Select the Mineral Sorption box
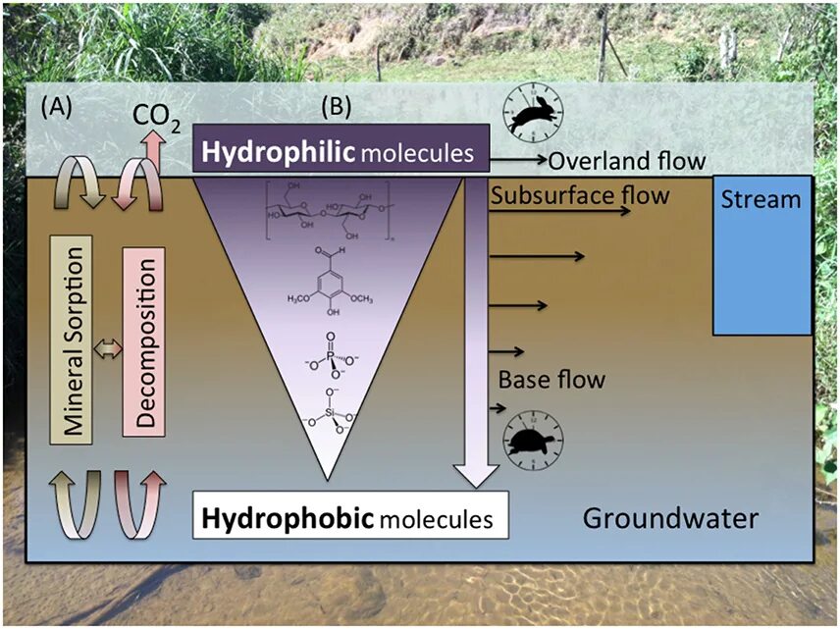click(71, 340)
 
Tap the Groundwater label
click(670, 516)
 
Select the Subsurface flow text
click(580, 194)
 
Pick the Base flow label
click(551, 379)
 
